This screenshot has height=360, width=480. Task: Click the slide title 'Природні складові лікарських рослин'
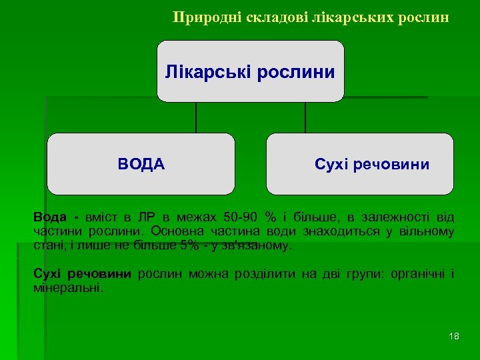coord(311,17)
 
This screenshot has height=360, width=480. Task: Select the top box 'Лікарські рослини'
coord(250,71)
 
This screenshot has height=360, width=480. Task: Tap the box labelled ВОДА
coord(141,164)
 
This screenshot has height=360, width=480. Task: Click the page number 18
coord(454,336)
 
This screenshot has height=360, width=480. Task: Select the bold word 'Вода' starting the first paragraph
coord(50,217)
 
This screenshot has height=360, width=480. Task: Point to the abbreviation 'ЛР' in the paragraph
coord(146,217)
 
